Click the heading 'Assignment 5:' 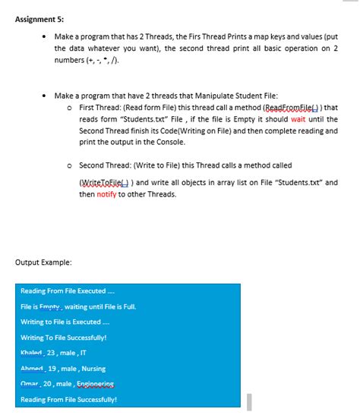(x=35, y=20)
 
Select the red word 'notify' (x=107, y=194)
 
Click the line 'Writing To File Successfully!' (x=63, y=338)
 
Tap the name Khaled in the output (x=32, y=353)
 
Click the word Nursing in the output (x=90, y=369)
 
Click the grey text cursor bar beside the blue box (x=248, y=401)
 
